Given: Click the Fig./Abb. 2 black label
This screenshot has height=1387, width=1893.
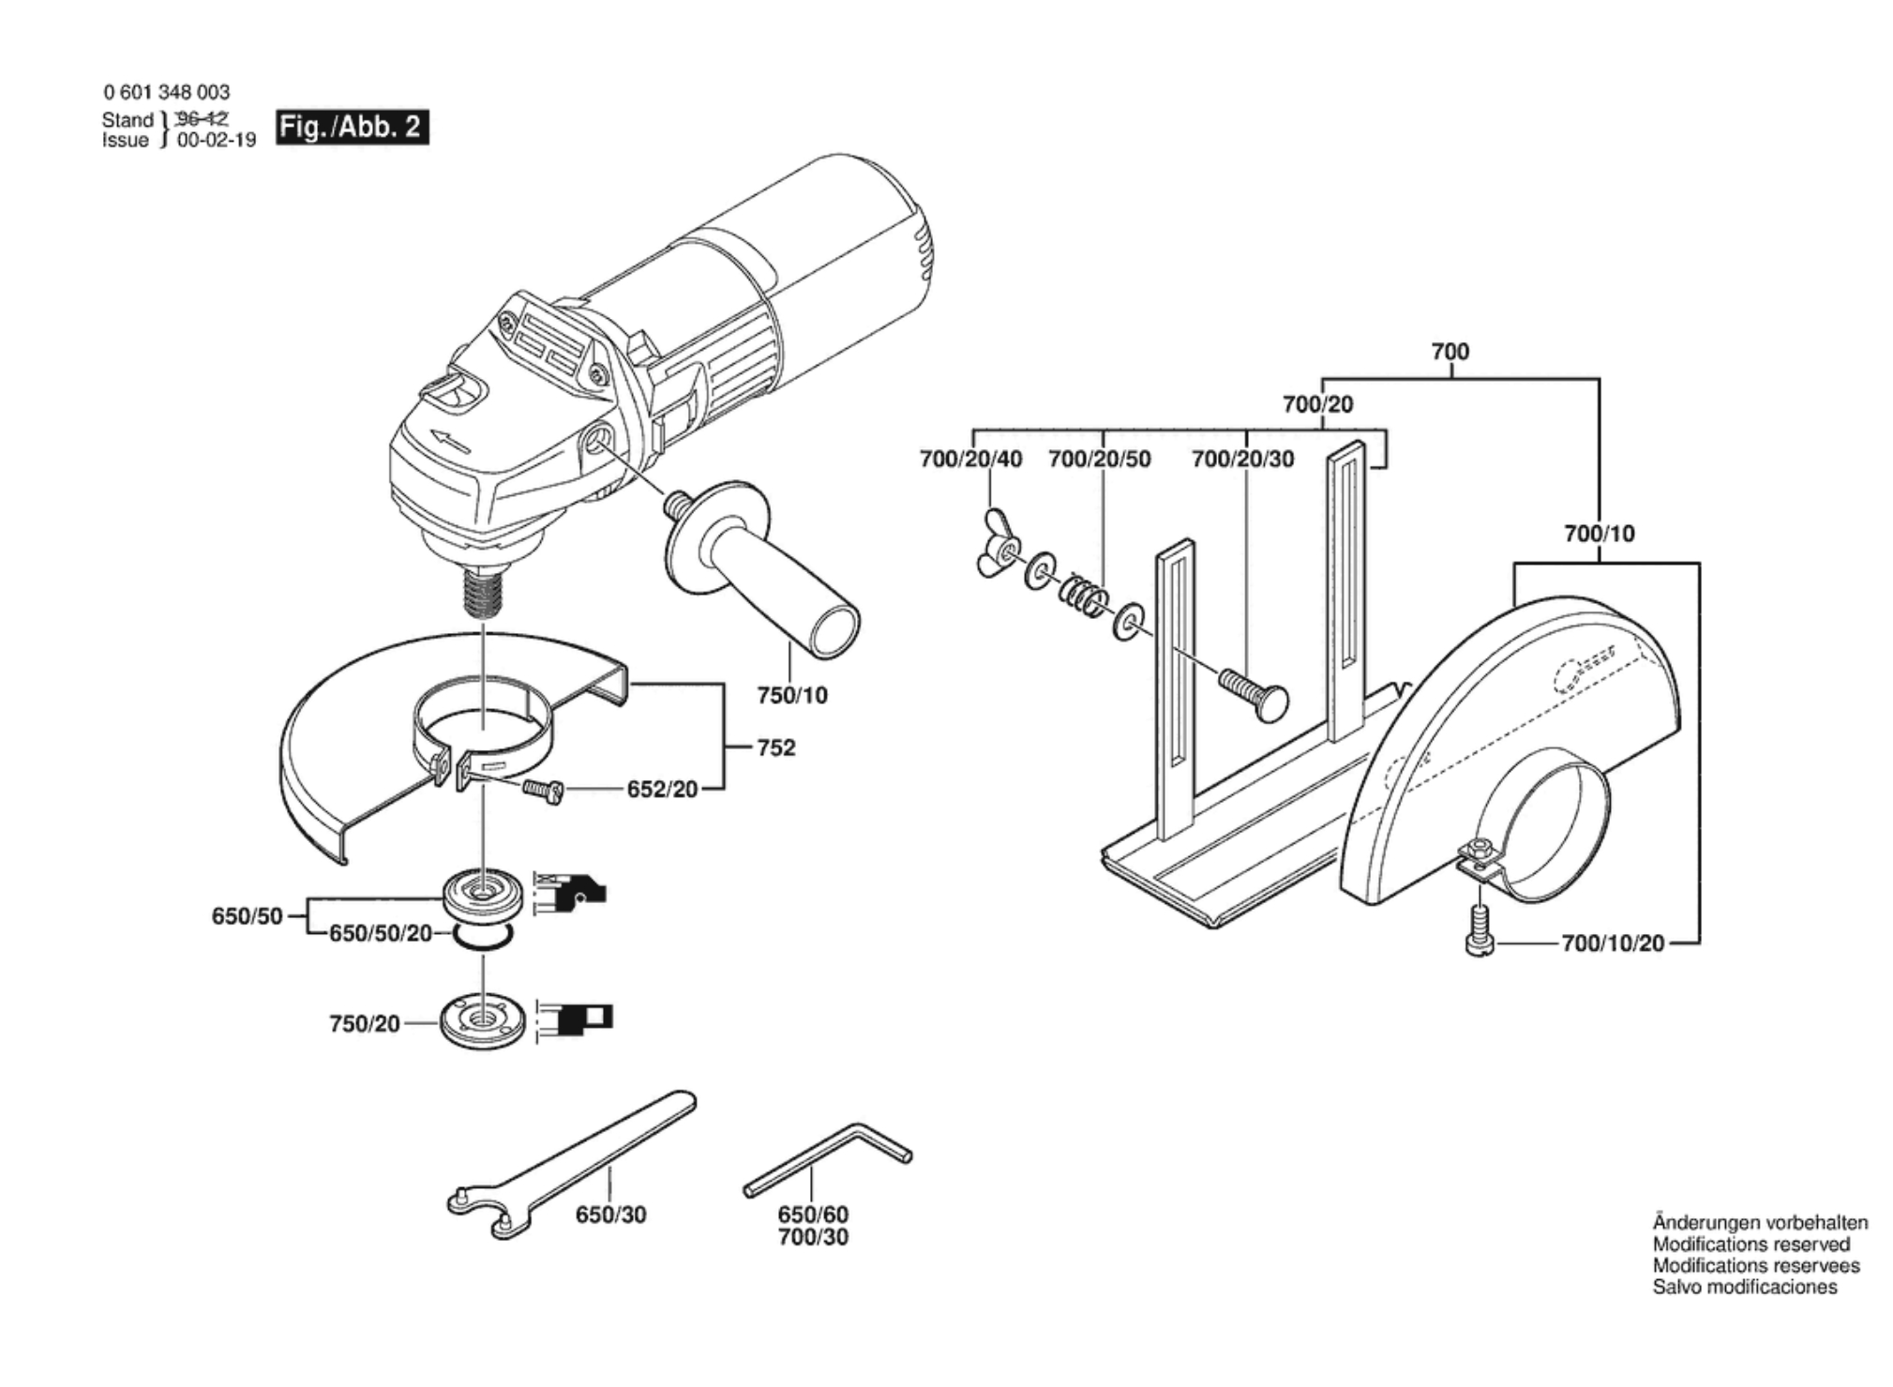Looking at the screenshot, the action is (353, 128).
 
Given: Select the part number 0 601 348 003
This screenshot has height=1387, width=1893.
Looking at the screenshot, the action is (166, 92).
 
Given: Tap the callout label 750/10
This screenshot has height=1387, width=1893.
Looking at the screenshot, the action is (792, 695).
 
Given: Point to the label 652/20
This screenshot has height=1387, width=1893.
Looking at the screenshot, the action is (662, 790).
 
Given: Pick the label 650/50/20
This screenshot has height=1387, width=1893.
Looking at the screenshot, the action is (380, 934).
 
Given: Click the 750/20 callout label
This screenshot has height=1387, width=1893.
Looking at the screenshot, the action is (365, 1023).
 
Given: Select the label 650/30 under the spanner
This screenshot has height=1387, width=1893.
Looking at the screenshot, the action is (610, 1214).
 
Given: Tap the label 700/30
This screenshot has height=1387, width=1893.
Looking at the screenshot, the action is (813, 1237).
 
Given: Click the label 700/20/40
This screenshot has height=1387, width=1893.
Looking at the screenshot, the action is (971, 459).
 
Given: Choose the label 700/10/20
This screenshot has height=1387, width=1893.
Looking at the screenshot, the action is (1613, 942).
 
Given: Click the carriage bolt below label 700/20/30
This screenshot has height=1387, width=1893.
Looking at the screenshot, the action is (1254, 692).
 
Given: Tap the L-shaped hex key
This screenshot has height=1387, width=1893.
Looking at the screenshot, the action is (828, 1159).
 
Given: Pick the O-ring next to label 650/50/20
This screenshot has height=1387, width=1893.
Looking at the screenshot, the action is (483, 936).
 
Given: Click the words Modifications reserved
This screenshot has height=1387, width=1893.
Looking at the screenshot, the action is (1751, 1244).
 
